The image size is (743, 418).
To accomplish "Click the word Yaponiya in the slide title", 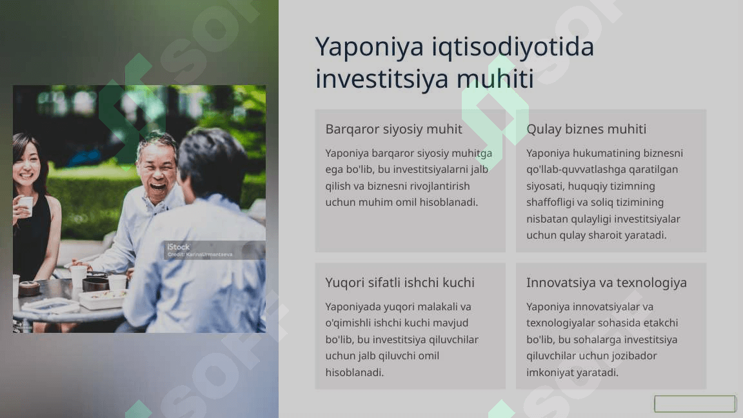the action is tap(369, 48).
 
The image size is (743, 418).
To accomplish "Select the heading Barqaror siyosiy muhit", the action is tap(394, 129).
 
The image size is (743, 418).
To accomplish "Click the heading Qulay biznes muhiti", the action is tap(586, 129).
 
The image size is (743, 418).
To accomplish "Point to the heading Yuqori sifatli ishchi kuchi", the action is tap(400, 283).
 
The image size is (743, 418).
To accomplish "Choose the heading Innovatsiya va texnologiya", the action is tap(606, 283).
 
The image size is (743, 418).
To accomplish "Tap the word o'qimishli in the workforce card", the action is tap(348, 323).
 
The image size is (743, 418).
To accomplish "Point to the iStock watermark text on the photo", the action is tap(179, 247).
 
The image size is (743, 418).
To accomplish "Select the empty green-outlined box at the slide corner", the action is tap(695, 404).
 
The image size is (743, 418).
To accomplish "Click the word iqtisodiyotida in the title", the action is tap(513, 48).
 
